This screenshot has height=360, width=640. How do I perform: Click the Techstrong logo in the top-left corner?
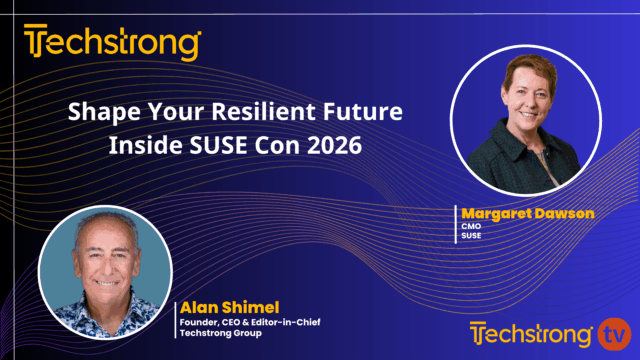coord(112,44)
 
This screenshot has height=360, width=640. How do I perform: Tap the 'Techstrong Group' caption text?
coord(216,334)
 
